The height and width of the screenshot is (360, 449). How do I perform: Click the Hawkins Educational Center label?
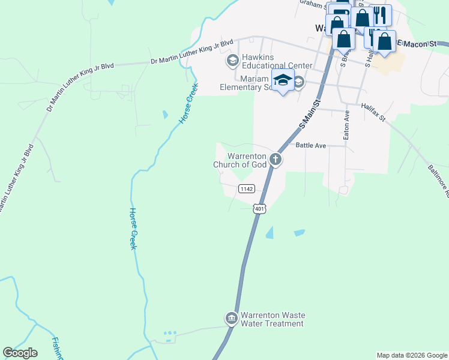click(x=277, y=61)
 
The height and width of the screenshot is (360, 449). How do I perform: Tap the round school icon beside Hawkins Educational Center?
click(x=232, y=61)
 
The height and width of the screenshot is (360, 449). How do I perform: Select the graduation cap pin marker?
click(x=283, y=81)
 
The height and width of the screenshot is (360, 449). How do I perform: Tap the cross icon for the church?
click(x=276, y=160)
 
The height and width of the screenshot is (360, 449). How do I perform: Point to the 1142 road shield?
click(x=247, y=188)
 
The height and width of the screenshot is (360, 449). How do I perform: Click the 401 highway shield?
click(x=259, y=208)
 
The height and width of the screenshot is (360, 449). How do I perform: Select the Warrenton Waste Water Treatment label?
click(x=272, y=319)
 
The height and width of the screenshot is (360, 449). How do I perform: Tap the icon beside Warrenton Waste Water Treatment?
click(x=231, y=318)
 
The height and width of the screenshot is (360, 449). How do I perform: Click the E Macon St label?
click(x=423, y=44)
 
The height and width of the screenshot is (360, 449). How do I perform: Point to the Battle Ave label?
click(x=311, y=145)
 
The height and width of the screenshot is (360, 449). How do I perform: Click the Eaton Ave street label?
click(x=346, y=125)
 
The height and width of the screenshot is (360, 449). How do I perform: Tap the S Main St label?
click(x=310, y=115)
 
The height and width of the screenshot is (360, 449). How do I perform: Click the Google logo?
click(x=20, y=353)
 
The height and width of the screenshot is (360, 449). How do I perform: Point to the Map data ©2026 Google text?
click(x=411, y=355)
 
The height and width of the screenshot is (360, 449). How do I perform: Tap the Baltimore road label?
click(x=439, y=181)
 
